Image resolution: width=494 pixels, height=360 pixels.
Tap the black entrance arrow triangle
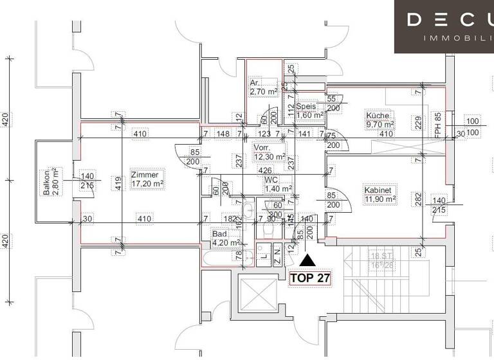[308, 260]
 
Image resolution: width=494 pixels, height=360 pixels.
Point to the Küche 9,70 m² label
[380, 120]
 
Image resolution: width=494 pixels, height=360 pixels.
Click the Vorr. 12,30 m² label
[270, 152]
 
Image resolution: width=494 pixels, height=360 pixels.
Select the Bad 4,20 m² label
[226, 239]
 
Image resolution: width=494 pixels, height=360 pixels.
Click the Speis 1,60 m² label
[310, 111]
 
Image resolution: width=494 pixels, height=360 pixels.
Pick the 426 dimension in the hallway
[264, 171]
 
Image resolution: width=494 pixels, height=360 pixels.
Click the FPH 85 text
[439, 126]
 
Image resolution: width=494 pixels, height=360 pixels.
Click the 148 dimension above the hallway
[223, 134]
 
